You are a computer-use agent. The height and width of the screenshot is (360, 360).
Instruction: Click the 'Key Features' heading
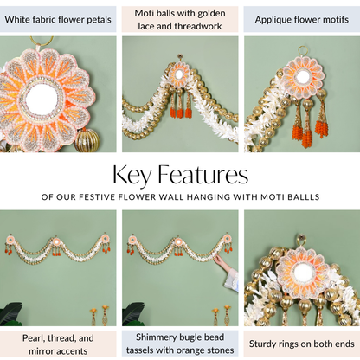tap(180, 175)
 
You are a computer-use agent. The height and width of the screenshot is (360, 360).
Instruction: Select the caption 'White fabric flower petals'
tap(58, 20)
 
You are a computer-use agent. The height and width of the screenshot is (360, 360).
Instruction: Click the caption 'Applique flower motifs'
tap(302, 20)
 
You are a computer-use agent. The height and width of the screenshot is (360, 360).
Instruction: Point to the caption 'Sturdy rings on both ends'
tap(302, 344)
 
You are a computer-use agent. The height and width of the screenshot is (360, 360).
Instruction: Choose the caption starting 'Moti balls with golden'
tap(180, 20)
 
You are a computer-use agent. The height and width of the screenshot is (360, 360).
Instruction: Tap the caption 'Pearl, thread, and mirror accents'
tap(58, 344)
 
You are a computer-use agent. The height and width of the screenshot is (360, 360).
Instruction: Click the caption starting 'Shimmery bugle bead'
tap(180, 344)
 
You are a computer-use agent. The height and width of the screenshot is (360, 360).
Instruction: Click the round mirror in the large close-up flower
tap(41, 99)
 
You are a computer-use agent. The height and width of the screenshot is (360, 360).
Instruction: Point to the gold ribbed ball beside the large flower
tap(87, 140)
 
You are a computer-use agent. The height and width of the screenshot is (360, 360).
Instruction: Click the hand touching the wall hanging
tap(220, 260)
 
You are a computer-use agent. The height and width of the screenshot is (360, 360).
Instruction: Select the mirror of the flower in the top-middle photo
tap(179, 75)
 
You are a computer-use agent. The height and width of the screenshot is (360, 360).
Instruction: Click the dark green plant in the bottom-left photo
tap(11, 314)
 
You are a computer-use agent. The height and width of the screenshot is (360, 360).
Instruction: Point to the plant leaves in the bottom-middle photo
tap(133, 314)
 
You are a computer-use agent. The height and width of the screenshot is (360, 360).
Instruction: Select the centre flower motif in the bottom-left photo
tap(56, 241)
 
